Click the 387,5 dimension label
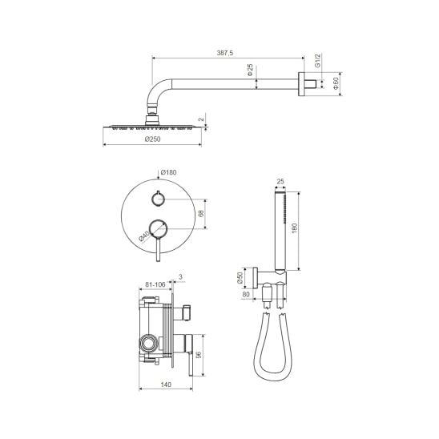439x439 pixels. pos(225,53)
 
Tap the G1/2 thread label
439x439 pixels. pos(317,61)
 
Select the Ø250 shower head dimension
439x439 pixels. pos(153,139)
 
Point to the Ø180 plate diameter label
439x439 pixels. pos(168,172)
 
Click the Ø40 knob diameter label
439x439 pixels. pos(144,236)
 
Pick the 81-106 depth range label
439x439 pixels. pos(155,284)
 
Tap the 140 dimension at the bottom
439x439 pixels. pos(166,385)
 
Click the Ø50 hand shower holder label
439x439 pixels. pos(240,277)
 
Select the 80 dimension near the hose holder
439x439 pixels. pos(246,295)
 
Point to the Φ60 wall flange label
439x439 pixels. pos(336,83)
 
